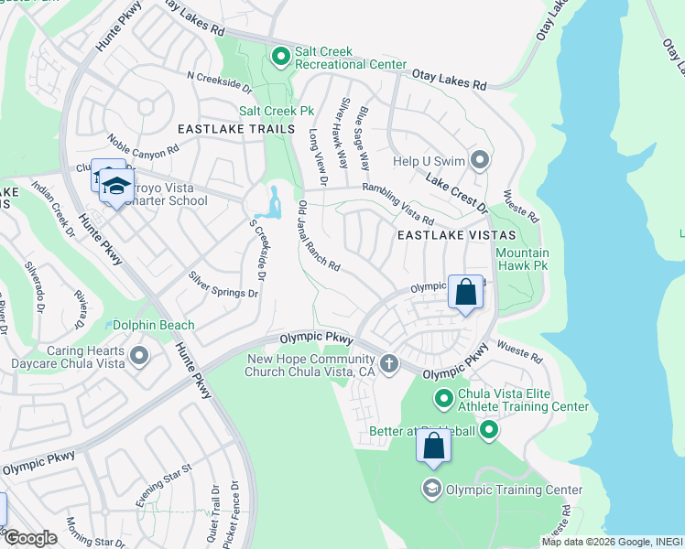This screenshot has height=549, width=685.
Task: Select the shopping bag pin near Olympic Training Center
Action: pos(434,447)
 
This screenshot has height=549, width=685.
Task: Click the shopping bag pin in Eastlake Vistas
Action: pos(465,293)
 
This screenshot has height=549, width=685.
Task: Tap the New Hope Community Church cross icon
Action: pos(389,364)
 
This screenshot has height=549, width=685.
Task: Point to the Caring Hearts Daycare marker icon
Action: pos(139,354)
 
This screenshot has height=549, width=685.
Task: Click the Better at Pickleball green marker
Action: pos(489,428)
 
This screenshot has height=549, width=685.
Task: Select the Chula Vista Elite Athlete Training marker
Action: pos(444,398)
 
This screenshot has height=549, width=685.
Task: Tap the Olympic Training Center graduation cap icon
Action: pos(431,489)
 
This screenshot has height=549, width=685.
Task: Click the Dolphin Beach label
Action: pos(153,325)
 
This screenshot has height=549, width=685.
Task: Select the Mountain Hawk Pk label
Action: pos(522,260)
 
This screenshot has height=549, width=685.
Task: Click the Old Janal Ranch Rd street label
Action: pos(320,236)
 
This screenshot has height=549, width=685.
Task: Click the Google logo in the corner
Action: pos(31,538)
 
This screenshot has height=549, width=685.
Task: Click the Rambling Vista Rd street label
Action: pos(397,203)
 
